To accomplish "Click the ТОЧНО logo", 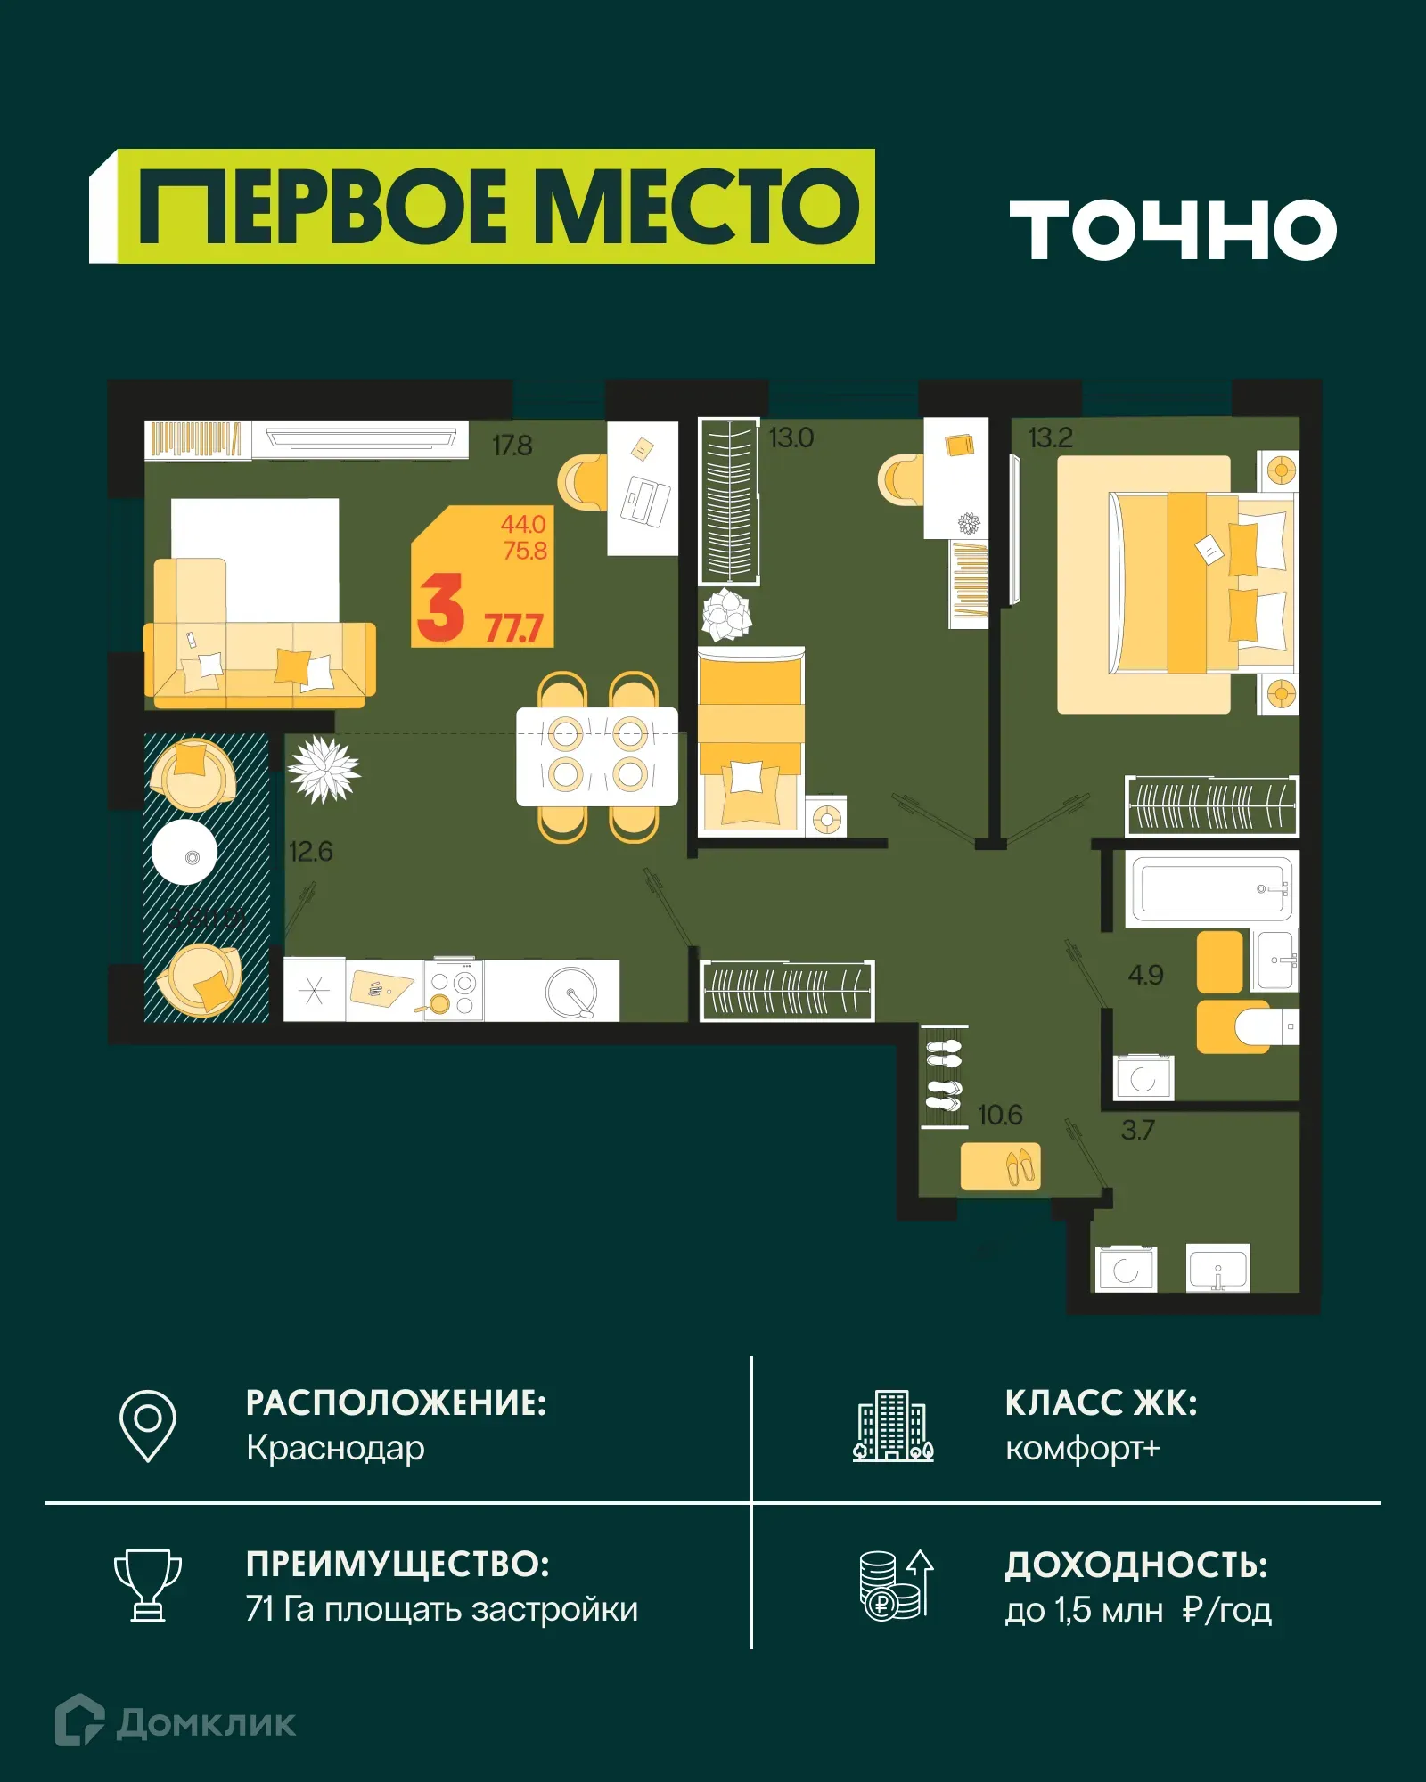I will [x=1173, y=230].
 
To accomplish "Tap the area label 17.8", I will [x=512, y=445].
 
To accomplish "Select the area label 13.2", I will [x=1051, y=438].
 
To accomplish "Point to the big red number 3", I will [x=441, y=608].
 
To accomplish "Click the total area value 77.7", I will [x=513, y=629].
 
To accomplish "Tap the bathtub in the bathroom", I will [x=1210, y=889].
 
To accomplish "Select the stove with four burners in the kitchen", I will [x=453, y=990].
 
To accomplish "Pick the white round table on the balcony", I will [x=184, y=852].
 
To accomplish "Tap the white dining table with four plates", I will [x=597, y=756].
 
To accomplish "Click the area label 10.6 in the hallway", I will [x=1000, y=1116].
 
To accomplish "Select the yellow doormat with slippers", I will [x=1000, y=1165].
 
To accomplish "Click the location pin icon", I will [x=148, y=1426].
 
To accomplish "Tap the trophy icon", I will [x=148, y=1586].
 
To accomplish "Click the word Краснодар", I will [x=335, y=1449].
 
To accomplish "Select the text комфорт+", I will [x=1083, y=1449].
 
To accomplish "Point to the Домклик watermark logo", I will [x=176, y=1722].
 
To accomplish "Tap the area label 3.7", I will [x=1137, y=1131].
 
